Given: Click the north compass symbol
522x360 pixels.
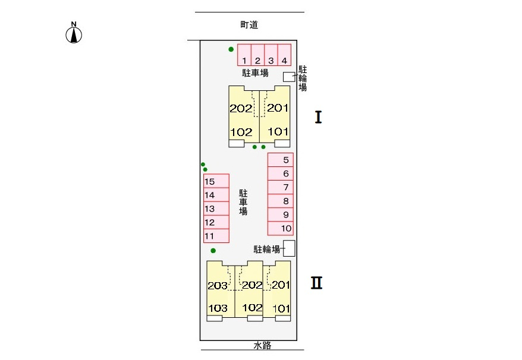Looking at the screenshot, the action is pyautogui.click(x=74, y=33).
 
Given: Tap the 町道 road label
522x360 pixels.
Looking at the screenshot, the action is pyautogui.click(x=249, y=24).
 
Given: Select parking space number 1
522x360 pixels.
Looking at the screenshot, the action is pyautogui.click(x=244, y=55).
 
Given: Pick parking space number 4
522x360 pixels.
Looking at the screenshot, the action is pyautogui.click(x=284, y=55).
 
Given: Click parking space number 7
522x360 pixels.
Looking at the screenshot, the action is pyautogui.click(x=280, y=187).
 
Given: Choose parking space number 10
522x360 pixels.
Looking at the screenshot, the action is pyautogui.click(x=280, y=229).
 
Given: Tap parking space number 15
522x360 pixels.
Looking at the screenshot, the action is pyautogui.click(x=216, y=181).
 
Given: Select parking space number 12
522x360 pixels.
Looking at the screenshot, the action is pyautogui.click(x=216, y=222).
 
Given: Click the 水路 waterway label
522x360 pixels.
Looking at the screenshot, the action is pyautogui.click(x=262, y=345).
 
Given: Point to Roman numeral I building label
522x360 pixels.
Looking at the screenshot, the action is pyautogui.click(x=318, y=117).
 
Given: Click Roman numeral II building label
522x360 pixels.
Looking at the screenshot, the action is pyautogui.click(x=317, y=283).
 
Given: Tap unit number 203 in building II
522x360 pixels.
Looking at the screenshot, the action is pyautogui.click(x=218, y=286).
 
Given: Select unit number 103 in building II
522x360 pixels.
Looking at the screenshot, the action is pyautogui.click(x=218, y=308).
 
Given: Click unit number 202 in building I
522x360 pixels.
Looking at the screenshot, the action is pyautogui.click(x=241, y=108).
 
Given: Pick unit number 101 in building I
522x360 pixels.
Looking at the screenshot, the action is pyautogui.click(x=278, y=131).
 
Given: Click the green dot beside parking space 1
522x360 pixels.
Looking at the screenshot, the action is pyautogui.click(x=231, y=49).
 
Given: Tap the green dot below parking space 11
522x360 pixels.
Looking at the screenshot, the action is pyautogui.click(x=213, y=251).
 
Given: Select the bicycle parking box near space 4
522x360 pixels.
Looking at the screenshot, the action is pyautogui.click(x=289, y=77).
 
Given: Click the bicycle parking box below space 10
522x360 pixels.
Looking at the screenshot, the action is pyautogui.click(x=289, y=248).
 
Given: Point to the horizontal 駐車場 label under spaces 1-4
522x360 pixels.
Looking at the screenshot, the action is pyautogui.click(x=255, y=73).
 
